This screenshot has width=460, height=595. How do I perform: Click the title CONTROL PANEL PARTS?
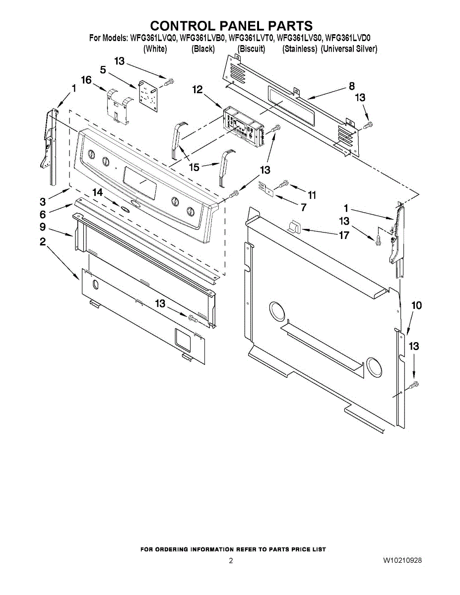pos(231,26)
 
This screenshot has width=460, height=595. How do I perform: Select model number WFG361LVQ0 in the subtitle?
pos(153,38)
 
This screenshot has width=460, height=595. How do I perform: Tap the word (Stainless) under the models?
pos(300,49)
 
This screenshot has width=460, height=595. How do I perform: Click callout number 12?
pos(197,89)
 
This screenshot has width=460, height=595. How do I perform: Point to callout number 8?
pos(351,86)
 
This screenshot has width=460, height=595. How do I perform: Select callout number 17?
pos(344,235)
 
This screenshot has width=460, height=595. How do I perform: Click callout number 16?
pos(86,80)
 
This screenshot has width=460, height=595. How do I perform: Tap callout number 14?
pos(98,191)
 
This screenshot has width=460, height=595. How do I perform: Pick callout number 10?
pos(417,305)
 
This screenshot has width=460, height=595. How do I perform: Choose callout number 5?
pos(103,70)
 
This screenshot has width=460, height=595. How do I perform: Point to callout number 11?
pos(312,195)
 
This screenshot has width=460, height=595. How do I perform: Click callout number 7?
pos(303,207)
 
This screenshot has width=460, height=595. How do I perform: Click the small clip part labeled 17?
pos(294,227)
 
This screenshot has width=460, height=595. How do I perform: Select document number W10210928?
pos(402,561)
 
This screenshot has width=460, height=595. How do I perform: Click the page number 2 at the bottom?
pos(231,561)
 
